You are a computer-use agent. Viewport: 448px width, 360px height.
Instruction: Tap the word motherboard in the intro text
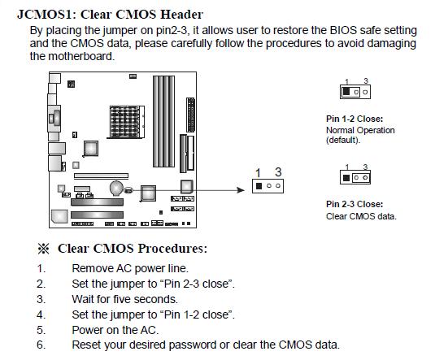pos(81,56)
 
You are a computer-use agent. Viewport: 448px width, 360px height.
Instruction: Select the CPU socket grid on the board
pos(125,122)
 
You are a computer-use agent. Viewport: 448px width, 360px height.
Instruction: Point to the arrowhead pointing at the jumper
pos(241,190)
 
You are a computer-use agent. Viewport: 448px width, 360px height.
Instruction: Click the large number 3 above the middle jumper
pos(278,172)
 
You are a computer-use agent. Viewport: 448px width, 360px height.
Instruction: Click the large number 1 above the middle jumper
pos(258,173)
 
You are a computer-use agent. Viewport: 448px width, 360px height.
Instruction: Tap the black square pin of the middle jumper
pos(259,186)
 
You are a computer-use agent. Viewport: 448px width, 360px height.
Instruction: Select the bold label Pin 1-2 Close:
pos(354,119)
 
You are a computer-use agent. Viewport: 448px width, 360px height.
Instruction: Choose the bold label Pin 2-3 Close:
pos(354,204)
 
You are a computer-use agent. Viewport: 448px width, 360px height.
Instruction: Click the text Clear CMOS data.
pos(361,216)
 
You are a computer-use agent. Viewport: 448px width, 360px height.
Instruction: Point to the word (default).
pos(343,140)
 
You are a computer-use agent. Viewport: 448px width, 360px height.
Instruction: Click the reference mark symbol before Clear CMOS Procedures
pos(43,249)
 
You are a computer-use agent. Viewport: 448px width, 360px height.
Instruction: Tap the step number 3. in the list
pos(41,299)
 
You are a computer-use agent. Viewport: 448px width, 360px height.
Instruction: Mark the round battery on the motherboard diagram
pos(116,189)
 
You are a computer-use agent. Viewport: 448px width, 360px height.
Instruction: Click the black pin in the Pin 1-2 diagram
pos(346,92)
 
